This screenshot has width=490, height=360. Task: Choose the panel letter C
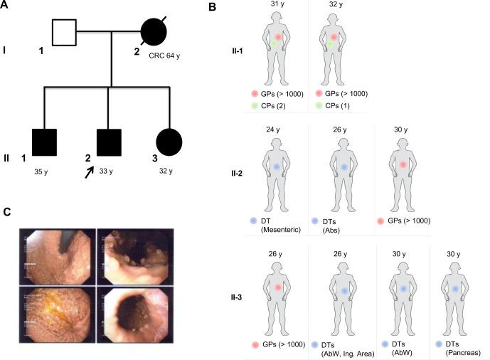(x=6, y=211)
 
